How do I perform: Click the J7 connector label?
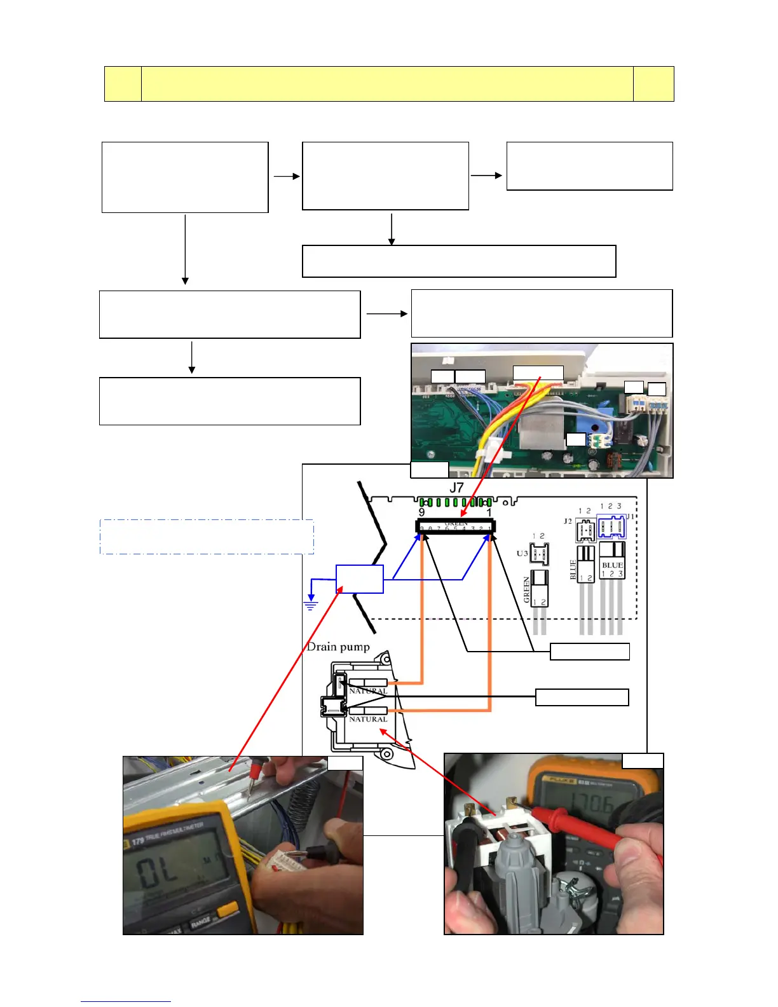[456, 488]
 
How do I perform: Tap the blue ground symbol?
[310, 605]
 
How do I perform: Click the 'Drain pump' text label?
[338, 647]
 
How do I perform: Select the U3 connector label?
[522, 553]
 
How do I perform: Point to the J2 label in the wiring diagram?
[568, 521]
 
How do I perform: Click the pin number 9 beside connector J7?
[421, 512]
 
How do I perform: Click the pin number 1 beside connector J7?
[489, 512]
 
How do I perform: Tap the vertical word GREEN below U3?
[526, 589]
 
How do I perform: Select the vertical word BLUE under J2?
[573, 570]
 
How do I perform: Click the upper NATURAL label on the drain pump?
[368, 690]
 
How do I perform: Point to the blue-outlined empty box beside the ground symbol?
[360, 579]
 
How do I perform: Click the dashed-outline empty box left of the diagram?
[207, 537]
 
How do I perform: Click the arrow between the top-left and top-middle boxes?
[286, 177]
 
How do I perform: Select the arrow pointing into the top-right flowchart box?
[487, 175]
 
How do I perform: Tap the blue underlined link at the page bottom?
[126, 1001]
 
